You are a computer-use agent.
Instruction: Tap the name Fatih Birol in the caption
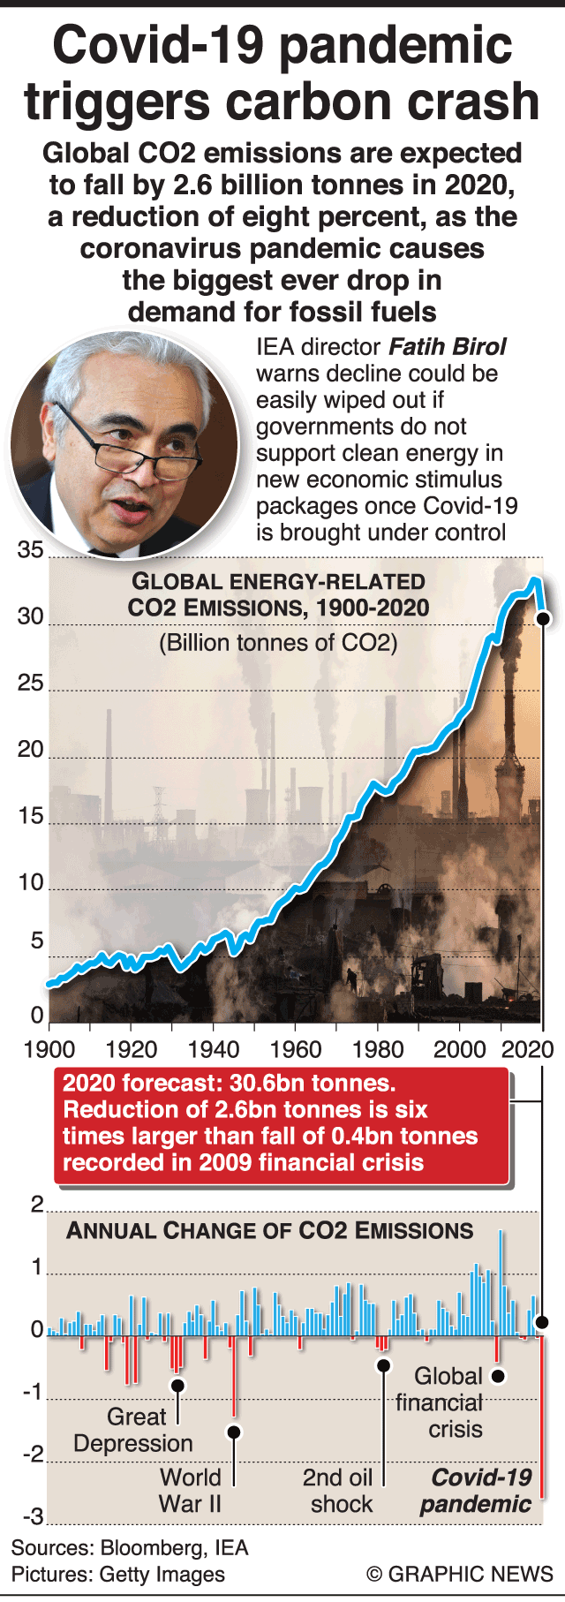coord(448,347)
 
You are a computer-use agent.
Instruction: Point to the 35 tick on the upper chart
coord(30,550)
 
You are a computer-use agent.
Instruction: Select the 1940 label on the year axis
coord(214,1048)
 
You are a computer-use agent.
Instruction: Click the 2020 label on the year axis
coord(527,1048)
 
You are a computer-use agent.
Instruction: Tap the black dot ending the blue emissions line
coord(543,619)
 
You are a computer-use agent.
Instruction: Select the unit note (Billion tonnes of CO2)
coord(278,642)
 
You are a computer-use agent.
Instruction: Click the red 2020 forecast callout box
coord(281,1123)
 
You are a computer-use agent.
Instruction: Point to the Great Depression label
coord(133,1430)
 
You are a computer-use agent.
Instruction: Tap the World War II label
coord(190,1491)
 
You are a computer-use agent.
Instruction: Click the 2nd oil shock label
coord(338,1491)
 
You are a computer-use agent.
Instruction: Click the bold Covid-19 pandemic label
coord(477,1491)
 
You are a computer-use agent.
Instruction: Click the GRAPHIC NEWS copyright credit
coord(460,1574)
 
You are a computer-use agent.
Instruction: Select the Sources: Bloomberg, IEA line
coord(130,1547)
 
